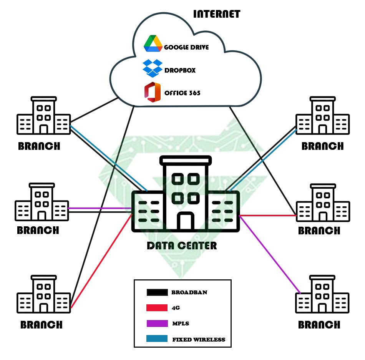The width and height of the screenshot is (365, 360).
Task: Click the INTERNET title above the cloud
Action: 216,14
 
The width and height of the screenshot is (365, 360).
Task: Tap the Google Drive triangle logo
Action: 153,43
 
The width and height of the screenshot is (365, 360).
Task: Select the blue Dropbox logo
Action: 152,68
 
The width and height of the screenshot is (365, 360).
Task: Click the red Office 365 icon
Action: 152,92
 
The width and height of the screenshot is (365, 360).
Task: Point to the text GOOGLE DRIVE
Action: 186,48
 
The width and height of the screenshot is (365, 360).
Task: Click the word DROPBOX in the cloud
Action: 180,71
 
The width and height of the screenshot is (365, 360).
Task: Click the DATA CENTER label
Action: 182,246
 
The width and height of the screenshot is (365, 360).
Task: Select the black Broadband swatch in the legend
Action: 157,293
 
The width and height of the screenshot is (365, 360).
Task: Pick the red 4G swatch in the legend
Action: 157,308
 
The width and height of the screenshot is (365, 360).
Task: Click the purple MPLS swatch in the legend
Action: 157,324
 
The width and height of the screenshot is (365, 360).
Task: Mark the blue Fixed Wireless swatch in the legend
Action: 157,339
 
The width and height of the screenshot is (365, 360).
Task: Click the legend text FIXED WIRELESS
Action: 199,340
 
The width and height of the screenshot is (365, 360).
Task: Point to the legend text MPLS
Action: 180,324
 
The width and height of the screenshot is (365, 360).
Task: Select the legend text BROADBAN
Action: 189,293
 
